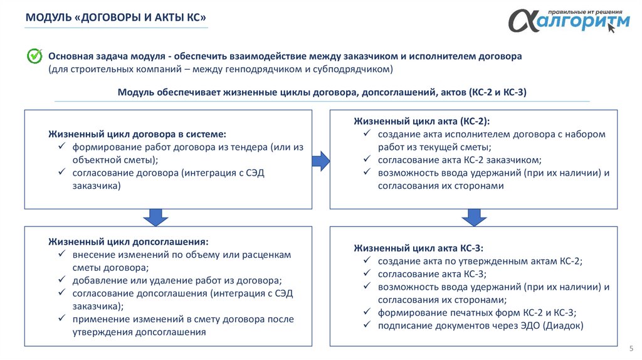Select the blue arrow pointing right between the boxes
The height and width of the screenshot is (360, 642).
321,161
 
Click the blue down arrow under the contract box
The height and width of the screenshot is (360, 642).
155,218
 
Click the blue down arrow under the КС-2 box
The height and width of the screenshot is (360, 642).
474,218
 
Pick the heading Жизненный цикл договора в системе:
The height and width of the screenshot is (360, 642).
137,134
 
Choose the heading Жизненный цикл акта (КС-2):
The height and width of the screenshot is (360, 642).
421,121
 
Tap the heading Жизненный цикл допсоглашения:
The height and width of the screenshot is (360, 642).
129,241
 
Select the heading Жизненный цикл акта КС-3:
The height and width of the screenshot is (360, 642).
418,248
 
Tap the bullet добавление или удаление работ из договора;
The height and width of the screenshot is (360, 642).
177,280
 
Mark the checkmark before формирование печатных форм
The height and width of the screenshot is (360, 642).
366,312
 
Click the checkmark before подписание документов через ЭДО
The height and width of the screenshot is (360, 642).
366,325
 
